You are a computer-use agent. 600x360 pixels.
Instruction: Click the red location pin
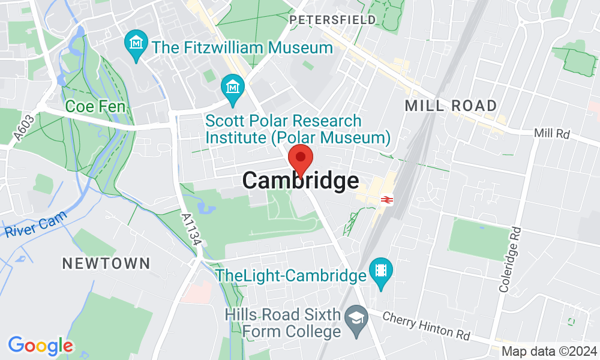(x=301, y=160)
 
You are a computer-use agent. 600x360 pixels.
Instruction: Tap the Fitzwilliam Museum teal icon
(x=136, y=44)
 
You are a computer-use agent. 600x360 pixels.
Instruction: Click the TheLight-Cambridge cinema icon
(x=380, y=271)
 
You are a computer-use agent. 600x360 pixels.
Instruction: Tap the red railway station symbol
(x=385, y=199)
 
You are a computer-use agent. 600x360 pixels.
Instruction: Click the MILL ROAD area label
(x=451, y=106)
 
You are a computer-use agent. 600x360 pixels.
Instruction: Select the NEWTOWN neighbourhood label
(x=106, y=263)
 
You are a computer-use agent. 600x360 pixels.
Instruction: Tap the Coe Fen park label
(x=95, y=107)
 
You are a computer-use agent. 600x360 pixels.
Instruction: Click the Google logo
(x=40, y=346)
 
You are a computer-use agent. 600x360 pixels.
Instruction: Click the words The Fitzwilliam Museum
(x=242, y=47)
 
